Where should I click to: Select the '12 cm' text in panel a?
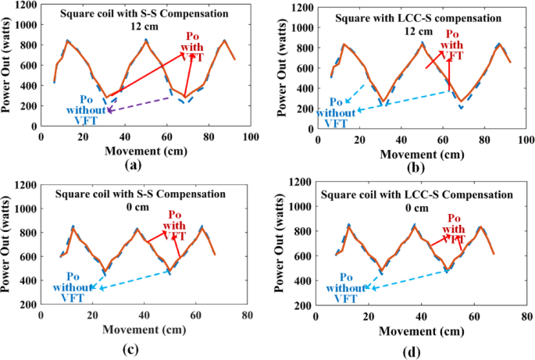(144, 27)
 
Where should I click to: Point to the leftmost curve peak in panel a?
(68, 41)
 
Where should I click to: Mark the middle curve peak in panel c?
(137, 229)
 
